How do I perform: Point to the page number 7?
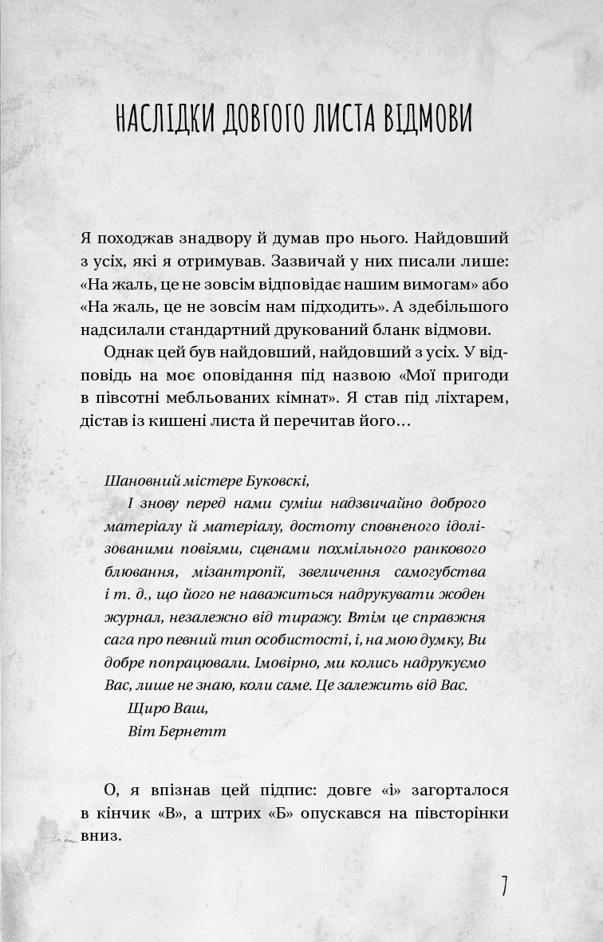click(x=503, y=885)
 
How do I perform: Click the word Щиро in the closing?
click(x=144, y=707)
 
